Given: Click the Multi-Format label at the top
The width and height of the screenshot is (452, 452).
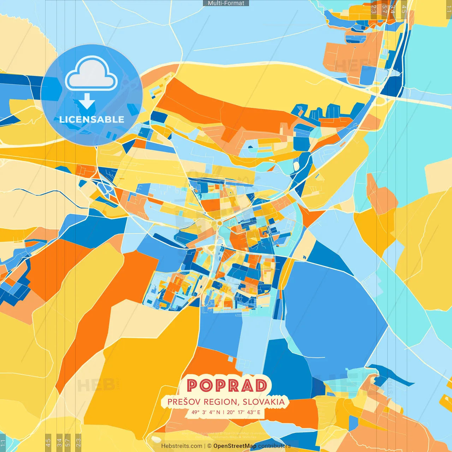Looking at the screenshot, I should (226, 3).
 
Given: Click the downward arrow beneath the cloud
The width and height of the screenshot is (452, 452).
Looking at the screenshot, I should (87, 102).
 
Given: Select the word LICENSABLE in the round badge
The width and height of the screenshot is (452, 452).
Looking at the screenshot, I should (92, 120).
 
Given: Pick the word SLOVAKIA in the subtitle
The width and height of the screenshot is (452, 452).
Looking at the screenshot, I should (264, 402).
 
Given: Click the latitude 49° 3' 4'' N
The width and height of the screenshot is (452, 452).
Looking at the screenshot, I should (206, 412).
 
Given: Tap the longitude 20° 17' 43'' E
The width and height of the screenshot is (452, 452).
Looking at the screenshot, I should (244, 412).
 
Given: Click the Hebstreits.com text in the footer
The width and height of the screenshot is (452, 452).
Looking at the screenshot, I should (182, 446).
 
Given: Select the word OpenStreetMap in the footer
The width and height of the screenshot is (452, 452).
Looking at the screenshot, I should (235, 446).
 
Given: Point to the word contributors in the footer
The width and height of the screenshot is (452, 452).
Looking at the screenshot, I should (274, 446).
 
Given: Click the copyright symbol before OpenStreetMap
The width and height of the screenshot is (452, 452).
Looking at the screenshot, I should (209, 446).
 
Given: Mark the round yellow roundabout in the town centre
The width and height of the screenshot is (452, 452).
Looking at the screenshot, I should (219, 223).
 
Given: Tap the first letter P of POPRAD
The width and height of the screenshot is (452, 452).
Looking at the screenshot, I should (193, 385).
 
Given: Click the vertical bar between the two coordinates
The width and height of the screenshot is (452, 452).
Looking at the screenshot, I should (223, 412).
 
